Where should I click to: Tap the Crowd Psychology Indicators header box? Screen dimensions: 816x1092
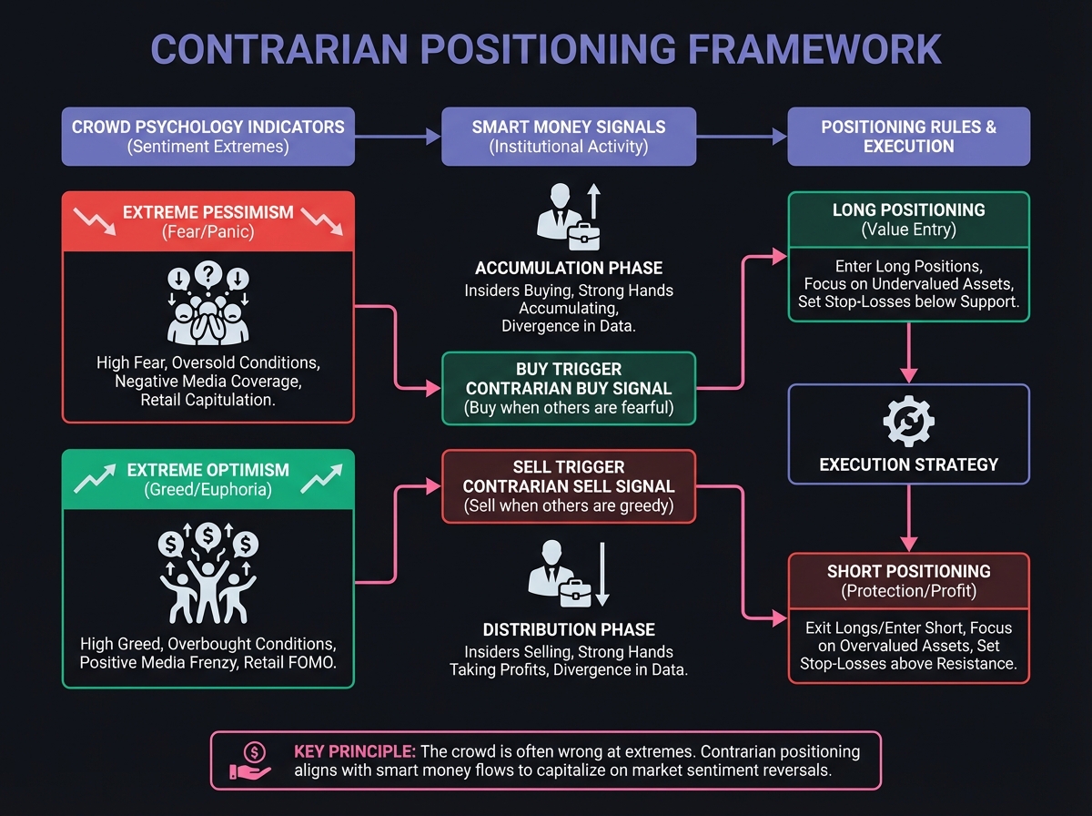point(208,137)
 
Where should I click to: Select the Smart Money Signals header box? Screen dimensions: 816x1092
point(569,137)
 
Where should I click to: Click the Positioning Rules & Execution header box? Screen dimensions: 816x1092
point(908,137)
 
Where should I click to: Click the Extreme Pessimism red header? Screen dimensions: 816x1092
point(208,221)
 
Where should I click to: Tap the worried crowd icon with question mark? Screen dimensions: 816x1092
point(208,305)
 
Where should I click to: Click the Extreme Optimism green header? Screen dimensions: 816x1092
point(208,479)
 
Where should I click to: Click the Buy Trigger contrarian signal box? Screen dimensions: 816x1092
point(569,389)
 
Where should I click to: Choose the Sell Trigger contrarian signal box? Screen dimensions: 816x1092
point(569,486)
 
